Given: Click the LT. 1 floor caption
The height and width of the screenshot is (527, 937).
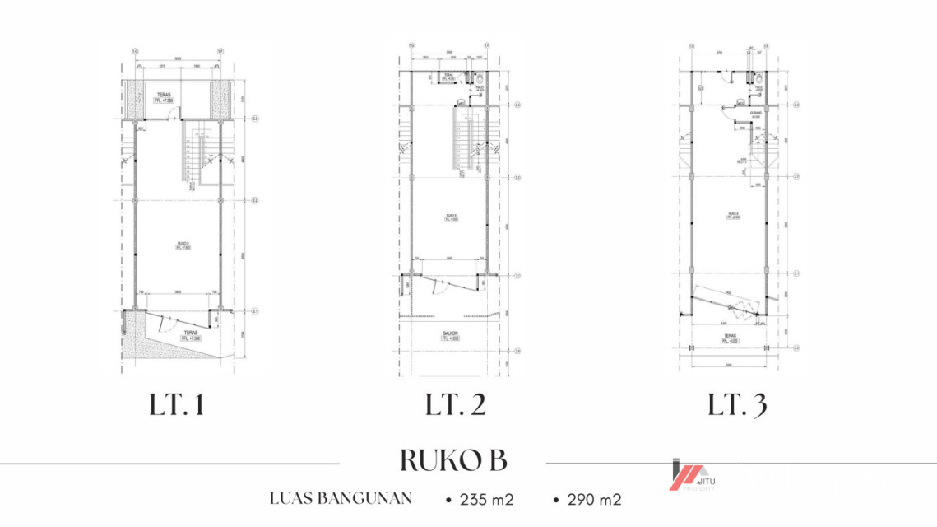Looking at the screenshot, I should (177, 405).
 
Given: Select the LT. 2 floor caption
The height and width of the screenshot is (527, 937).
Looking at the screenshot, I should (455, 405).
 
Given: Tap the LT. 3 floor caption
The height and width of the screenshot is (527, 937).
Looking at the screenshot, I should (738, 405).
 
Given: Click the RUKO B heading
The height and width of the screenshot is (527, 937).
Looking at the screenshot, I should (453, 460).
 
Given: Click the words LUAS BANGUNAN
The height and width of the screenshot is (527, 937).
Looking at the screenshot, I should (341, 499).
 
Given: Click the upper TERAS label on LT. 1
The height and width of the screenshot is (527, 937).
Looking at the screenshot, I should (162, 98).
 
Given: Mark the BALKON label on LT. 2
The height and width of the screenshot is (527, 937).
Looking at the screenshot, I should (449, 334).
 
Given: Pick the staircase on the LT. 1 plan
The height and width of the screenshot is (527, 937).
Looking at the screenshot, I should (195, 154).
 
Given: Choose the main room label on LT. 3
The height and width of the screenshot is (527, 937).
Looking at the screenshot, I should (731, 217).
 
